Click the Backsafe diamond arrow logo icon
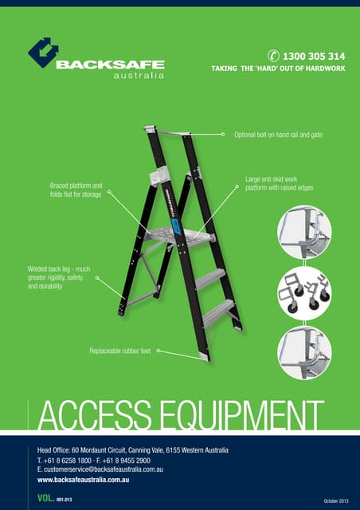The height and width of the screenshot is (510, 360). click(43, 53)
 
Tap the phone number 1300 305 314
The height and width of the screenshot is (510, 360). click(314, 57)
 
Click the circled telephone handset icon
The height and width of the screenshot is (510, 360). click(273, 56)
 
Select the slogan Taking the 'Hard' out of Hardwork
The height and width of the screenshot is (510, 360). click(278, 69)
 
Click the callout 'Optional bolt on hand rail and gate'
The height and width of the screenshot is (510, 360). click(279, 135)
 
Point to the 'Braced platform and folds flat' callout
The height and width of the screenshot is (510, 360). click(76, 190)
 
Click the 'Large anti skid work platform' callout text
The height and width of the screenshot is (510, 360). click(280, 183)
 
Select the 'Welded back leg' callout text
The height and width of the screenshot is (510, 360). click(59, 277)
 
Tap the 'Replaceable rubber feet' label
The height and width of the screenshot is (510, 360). click(120, 351)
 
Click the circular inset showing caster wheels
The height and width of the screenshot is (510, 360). click(304, 292)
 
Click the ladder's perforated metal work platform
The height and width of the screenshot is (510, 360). click(179, 235)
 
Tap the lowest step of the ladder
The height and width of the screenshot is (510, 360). click(218, 312)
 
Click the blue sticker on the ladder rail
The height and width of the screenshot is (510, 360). click(176, 227)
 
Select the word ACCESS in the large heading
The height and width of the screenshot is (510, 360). click(95, 415)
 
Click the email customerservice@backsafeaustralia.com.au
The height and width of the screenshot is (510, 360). click(100, 469)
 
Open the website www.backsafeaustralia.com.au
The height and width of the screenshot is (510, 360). click(84, 480)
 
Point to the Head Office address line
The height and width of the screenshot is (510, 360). click(133, 450)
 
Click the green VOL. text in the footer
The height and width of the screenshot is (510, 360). click(46, 498)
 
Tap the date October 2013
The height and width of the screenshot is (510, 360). click(336, 501)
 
